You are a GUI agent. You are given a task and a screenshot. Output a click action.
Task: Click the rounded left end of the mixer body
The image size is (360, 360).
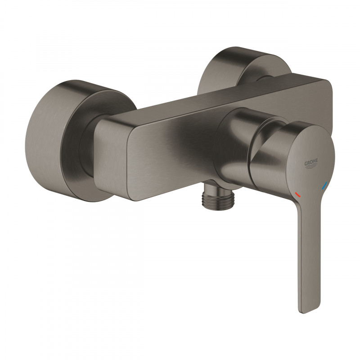point(106,153)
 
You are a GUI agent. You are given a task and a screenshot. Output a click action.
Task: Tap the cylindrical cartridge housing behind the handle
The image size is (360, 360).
point(238,135)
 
